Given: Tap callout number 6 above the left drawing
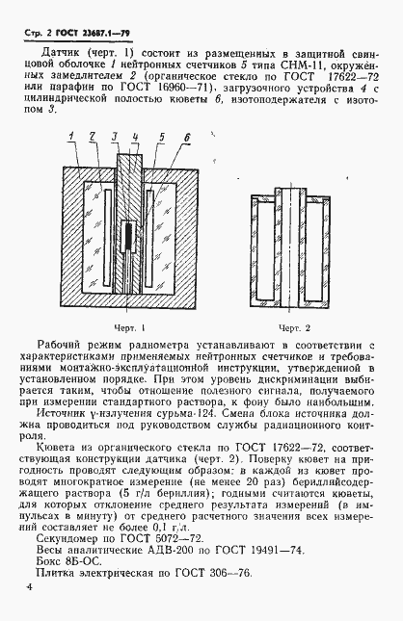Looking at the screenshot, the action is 182,136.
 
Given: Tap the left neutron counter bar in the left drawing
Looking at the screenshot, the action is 99,226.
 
